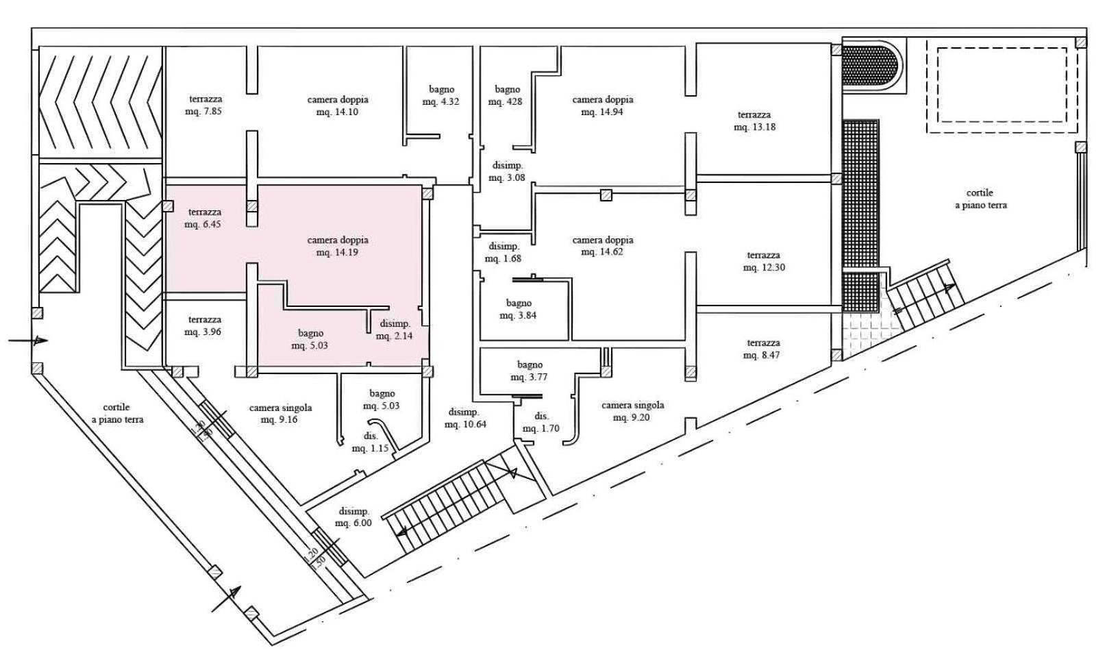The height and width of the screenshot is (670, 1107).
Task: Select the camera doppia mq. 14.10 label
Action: pyautogui.click(x=337, y=106)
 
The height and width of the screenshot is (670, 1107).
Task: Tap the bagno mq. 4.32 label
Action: pyautogui.click(x=441, y=95)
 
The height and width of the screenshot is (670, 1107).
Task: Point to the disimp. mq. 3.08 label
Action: pyautogui.click(x=507, y=171)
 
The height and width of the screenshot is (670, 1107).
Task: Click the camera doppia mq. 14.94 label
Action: pyautogui.click(x=602, y=106)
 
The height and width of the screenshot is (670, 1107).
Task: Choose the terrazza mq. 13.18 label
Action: pyautogui.click(x=754, y=121)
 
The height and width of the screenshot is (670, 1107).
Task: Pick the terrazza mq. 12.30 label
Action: pyautogui.click(x=763, y=261)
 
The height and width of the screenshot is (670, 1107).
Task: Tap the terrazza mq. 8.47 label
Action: pyautogui.click(x=763, y=349)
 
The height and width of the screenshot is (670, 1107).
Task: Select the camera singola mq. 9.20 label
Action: pyautogui.click(x=632, y=411)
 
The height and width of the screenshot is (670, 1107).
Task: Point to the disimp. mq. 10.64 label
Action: pyautogui.click(x=464, y=418)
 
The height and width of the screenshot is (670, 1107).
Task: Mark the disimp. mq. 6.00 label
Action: pyautogui.click(x=353, y=517)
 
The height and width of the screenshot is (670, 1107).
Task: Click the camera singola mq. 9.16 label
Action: pyautogui.click(x=280, y=413)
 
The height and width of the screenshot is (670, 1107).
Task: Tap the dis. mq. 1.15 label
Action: pyautogui.click(x=370, y=442)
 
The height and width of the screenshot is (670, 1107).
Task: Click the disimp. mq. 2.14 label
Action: pyautogui.click(x=395, y=330)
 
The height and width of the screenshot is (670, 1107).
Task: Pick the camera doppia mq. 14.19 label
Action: pyautogui.click(x=337, y=246)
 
